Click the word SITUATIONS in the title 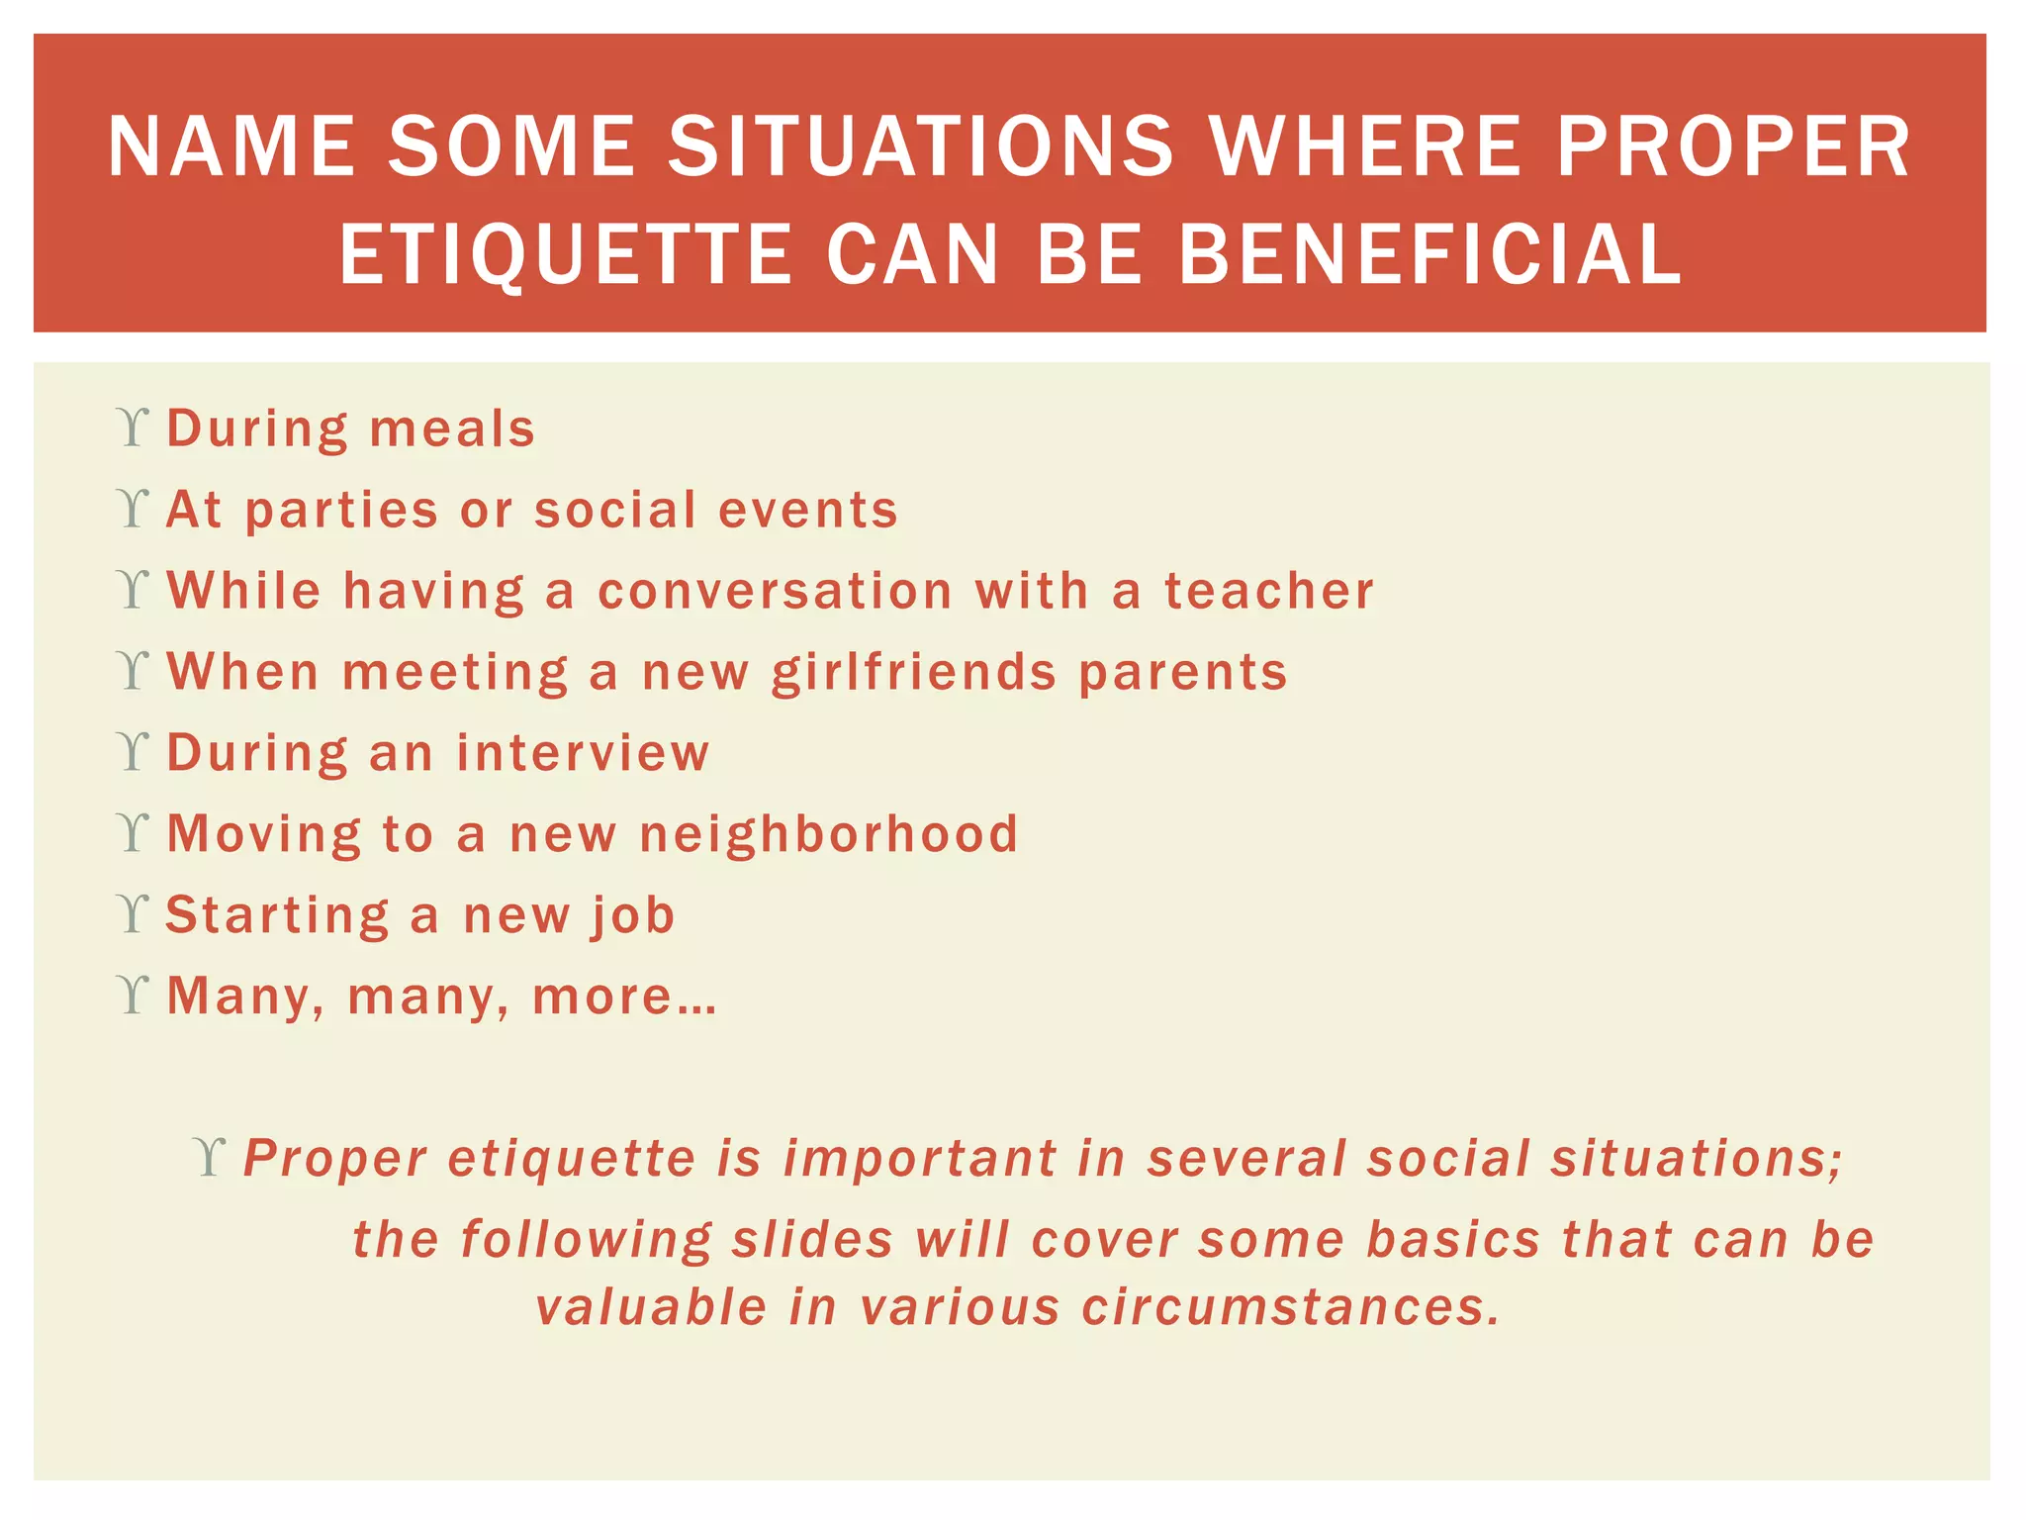click(x=920, y=146)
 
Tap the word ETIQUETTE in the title click(x=566, y=255)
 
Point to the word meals click(x=452, y=429)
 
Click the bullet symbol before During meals click(x=132, y=427)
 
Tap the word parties click(x=340, y=512)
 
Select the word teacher click(x=1268, y=591)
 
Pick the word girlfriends click(x=914, y=673)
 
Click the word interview click(x=583, y=753)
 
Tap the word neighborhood click(x=828, y=833)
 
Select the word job click(x=633, y=915)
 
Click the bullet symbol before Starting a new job click(x=132, y=913)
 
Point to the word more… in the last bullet click(x=624, y=997)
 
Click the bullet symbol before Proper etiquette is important click(x=210, y=1156)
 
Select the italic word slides click(x=812, y=1239)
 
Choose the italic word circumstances click(x=1290, y=1307)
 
